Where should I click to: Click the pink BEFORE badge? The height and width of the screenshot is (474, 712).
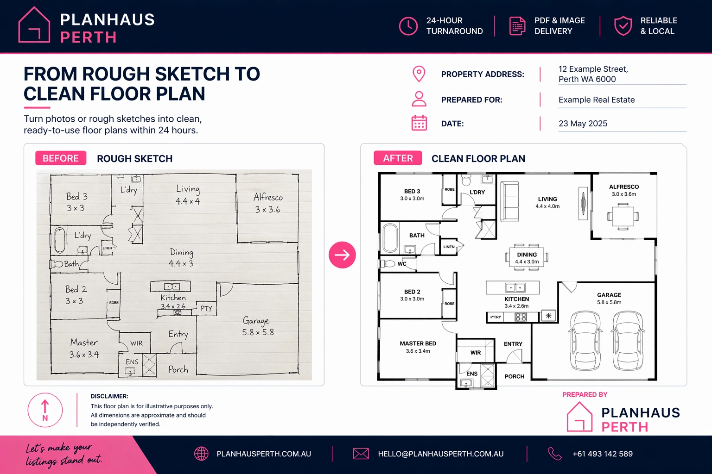(61, 158)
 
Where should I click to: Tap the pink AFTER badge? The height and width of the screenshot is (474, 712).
(398, 158)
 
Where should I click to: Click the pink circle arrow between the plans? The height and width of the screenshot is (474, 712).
(343, 255)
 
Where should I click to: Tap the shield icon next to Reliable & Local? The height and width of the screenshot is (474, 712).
(623, 26)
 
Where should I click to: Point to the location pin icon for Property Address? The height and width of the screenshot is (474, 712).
(419, 74)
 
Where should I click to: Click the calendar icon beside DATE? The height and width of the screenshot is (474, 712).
(419, 123)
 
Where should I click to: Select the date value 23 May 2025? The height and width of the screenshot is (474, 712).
(583, 124)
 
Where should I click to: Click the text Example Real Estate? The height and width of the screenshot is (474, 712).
(597, 100)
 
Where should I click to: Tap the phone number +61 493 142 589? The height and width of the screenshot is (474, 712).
(603, 454)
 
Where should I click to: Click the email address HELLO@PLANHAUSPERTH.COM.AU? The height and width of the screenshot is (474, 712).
(440, 454)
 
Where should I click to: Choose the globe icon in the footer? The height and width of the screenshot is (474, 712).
(201, 454)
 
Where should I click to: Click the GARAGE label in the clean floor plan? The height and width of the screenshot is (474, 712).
(609, 295)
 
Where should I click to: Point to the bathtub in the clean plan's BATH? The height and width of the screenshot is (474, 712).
(390, 238)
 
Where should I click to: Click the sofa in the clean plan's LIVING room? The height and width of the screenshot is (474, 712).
(509, 202)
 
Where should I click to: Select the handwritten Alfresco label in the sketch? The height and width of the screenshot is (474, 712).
(268, 197)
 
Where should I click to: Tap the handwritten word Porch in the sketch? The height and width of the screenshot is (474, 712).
(178, 369)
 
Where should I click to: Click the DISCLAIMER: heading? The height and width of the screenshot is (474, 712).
(109, 396)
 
